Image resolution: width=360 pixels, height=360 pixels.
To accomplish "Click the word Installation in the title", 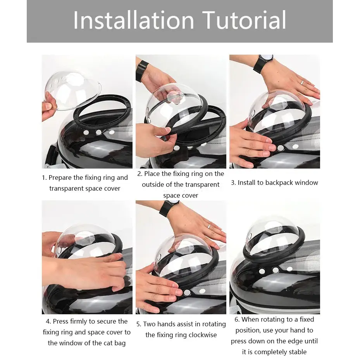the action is (x=134, y=20).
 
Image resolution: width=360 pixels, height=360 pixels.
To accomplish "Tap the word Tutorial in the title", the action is (x=244, y=20).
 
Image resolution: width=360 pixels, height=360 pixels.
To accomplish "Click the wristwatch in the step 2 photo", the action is (x=141, y=71).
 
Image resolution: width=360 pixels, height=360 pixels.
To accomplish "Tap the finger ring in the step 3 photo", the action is (x=302, y=83).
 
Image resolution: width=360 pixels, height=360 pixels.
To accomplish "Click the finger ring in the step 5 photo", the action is (x=209, y=226).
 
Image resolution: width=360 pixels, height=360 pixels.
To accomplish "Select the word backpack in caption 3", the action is (x=279, y=183).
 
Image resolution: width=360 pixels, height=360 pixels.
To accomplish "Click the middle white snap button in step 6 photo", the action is (x=276, y=270).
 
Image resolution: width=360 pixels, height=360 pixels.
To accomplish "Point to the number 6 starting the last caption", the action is (x=237, y=319).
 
